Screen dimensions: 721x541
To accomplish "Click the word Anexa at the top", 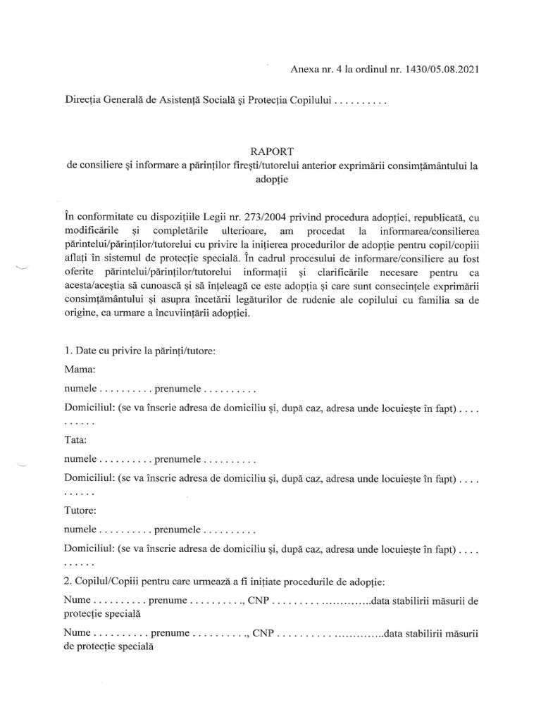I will tap(306, 69).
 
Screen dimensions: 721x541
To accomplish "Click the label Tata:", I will tap(75, 440).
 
